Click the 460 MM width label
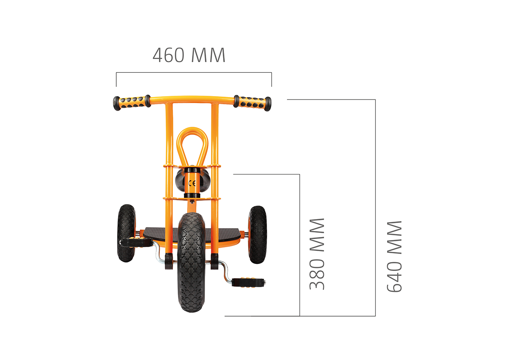(189, 55)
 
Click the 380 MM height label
(317, 254)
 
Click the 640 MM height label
(394, 256)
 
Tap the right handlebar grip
(252, 102)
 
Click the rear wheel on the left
(126, 233)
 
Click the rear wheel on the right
(258, 234)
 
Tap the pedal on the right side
(250, 281)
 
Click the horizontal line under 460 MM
(194, 73)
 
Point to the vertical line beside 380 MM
(300, 245)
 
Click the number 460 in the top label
(168, 55)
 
